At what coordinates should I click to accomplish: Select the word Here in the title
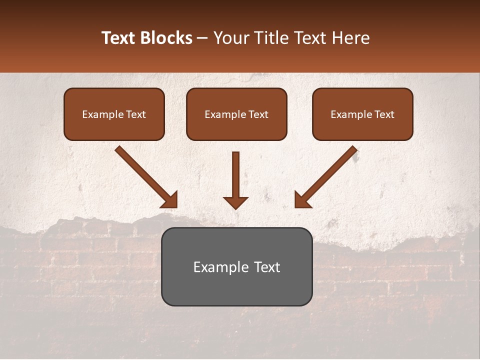tap(350, 38)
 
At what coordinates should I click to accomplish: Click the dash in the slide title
tap(202, 38)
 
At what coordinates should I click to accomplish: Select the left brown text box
tap(114, 114)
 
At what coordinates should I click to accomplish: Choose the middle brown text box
tap(236, 114)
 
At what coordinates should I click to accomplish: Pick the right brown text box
tap(362, 114)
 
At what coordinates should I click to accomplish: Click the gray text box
tap(236, 266)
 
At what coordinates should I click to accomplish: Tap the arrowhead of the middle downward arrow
tap(235, 202)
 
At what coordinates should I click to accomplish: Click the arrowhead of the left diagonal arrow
tap(169, 199)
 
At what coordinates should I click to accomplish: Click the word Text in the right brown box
tap(384, 114)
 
